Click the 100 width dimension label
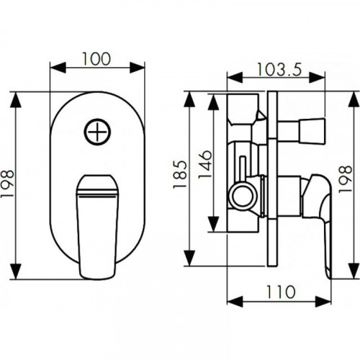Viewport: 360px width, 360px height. pos(96,59)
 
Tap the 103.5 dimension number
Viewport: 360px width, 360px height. pos(279,70)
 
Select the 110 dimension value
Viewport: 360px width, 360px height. pos(281,292)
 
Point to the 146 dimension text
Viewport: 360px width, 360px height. pos(205,164)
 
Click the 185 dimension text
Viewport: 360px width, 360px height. pos(180,174)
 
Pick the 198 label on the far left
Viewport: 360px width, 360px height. pos(7,184)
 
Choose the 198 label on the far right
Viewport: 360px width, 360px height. pos(345,179)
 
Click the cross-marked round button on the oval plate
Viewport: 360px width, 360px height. pos(97,132)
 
